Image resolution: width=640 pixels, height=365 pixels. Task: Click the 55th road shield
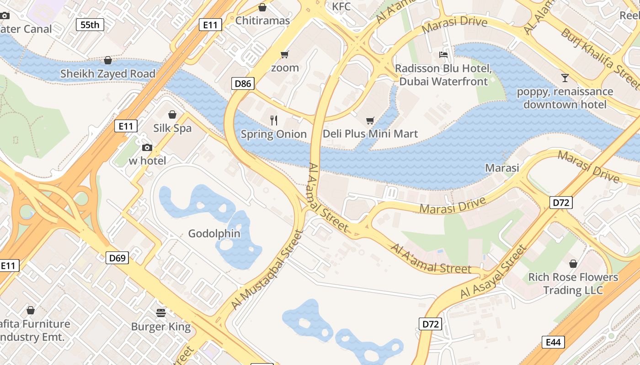pos(90,25)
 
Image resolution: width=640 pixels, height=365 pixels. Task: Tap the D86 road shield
pos(243,83)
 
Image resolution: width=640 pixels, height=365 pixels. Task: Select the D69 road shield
pos(117,258)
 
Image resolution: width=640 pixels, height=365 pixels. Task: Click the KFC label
pos(341,6)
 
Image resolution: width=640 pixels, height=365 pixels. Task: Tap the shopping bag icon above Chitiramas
pos(262,7)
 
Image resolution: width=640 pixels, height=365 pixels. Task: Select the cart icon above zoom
pos(285,55)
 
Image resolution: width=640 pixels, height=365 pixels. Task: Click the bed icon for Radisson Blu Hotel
pos(443,55)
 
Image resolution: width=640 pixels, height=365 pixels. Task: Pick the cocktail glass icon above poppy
pos(565,78)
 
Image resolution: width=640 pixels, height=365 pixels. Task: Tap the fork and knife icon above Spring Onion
pos(274,120)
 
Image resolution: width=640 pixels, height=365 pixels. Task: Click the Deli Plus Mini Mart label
pos(370,134)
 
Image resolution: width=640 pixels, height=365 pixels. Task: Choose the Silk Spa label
pos(172,128)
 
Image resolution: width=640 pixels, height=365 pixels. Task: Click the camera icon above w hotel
pos(147,147)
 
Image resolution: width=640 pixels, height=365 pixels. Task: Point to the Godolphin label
pos(214,234)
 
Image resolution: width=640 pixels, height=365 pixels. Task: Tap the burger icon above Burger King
pos(161,313)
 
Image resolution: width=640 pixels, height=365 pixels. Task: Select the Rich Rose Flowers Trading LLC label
pos(573,283)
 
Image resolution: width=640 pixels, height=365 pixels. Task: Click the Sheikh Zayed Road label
pos(108,73)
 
